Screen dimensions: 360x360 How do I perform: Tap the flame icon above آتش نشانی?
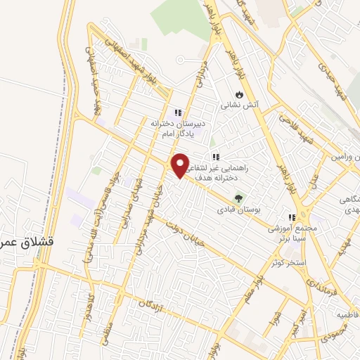pos(240,93)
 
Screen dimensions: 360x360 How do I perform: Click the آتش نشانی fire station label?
pos(240,105)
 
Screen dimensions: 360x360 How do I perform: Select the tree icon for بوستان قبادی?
pos(238,198)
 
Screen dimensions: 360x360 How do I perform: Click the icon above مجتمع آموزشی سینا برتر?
pos(292,217)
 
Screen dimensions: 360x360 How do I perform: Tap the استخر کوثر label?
pos(288,263)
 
